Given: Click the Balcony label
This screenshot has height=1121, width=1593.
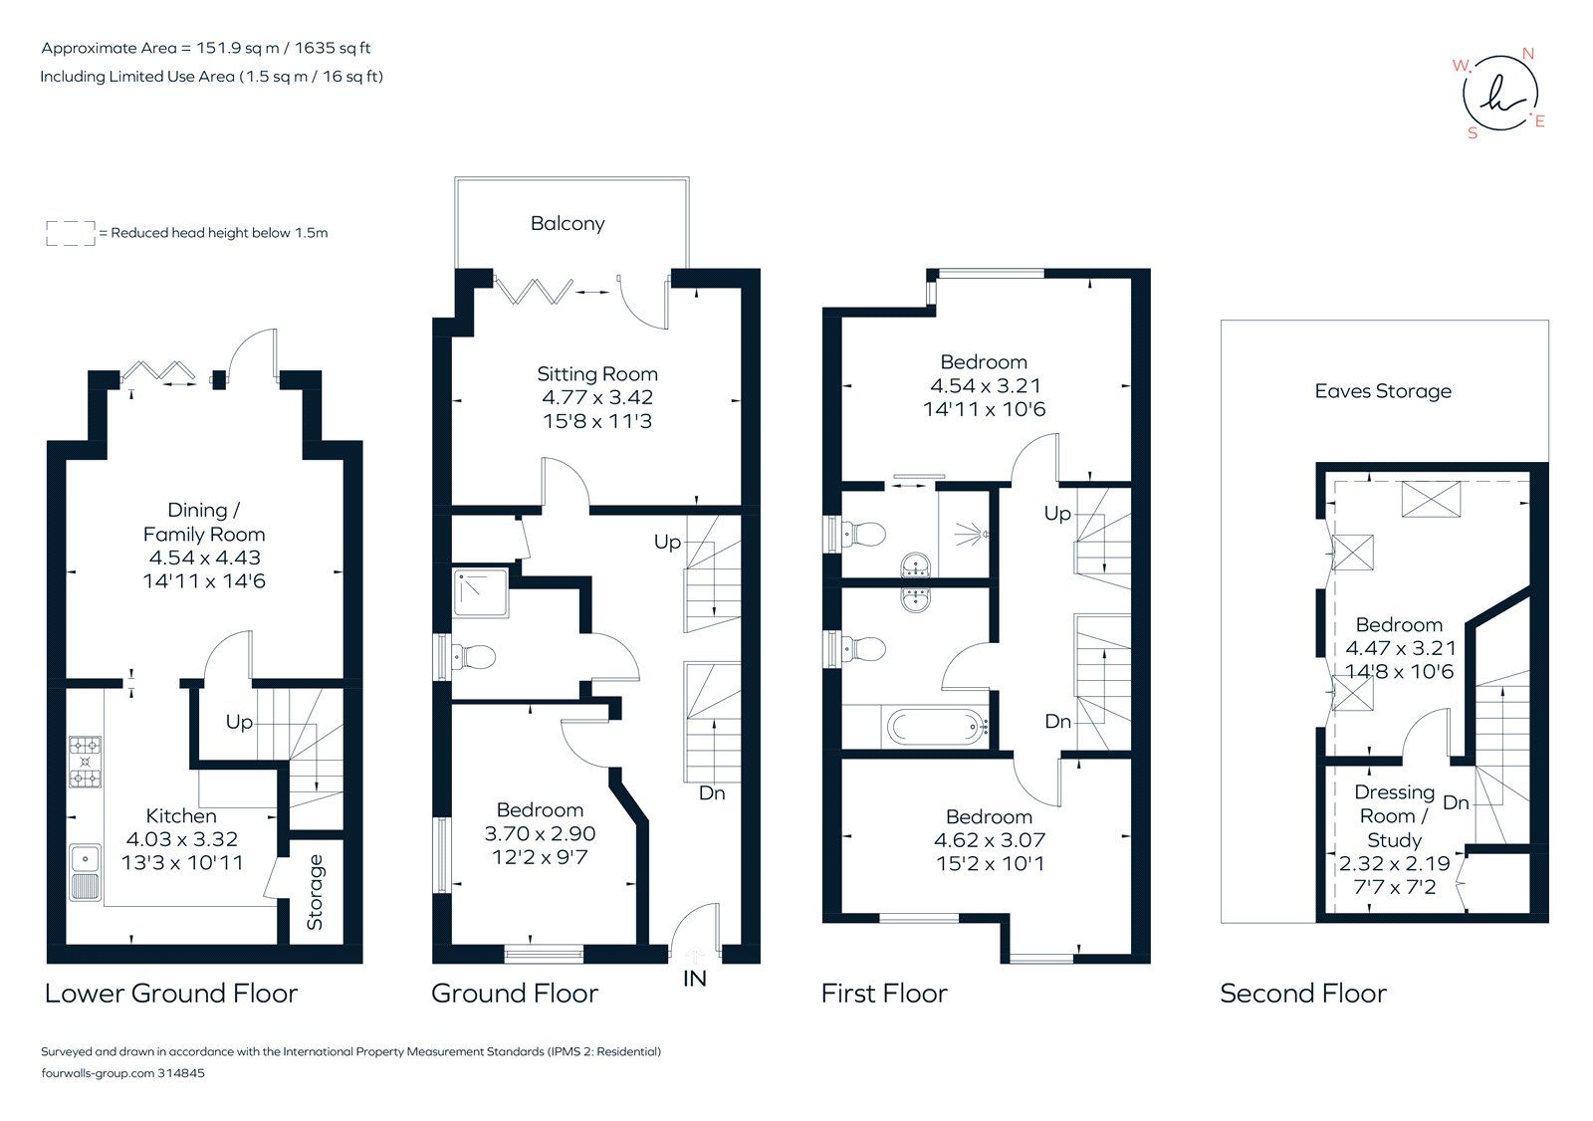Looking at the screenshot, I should (x=568, y=224).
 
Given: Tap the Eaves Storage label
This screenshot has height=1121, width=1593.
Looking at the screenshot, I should (x=1383, y=391).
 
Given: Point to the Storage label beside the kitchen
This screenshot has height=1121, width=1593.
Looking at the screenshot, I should (x=316, y=892).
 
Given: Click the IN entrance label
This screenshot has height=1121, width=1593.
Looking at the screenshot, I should (x=695, y=979).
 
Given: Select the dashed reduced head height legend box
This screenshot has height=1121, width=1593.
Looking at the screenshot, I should (x=71, y=233).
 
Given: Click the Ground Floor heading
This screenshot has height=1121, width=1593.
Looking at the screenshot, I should (x=514, y=994).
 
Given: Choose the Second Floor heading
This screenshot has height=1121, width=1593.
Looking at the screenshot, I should (x=1302, y=994).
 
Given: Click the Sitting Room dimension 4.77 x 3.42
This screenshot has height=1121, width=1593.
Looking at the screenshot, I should (x=597, y=397).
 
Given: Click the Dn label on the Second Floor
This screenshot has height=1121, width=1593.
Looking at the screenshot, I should (x=1456, y=802).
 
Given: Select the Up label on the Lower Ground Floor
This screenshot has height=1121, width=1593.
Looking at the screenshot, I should (x=239, y=722).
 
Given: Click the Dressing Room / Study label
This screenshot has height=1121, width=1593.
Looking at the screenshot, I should (x=1394, y=815).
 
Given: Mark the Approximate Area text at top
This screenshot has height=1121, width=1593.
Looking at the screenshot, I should (x=206, y=48).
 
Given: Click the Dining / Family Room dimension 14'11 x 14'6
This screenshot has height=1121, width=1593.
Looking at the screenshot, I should (x=204, y=581).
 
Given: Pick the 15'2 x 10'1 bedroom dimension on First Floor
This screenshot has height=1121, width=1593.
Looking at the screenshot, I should (x=989, y=864).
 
